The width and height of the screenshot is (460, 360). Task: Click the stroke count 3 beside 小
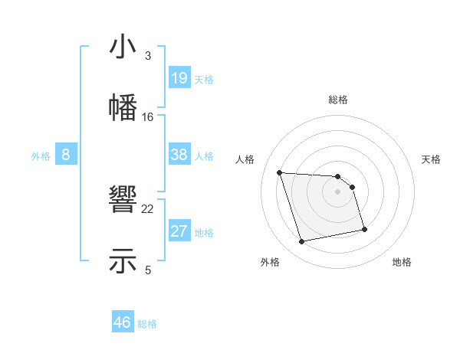[x=148, y=56]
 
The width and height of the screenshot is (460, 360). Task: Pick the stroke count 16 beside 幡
[x=148, y=116]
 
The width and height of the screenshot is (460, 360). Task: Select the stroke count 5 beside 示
[x=148, y=270]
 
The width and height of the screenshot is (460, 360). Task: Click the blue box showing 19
[x=179, y=78]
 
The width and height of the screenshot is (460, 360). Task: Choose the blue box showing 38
[x=179, y=155]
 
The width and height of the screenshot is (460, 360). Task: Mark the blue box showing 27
[x=179, y=231]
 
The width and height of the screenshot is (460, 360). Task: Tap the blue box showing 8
[x=65, y=155]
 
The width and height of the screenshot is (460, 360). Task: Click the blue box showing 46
[x=123, y=322]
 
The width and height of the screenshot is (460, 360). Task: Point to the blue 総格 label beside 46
[x=147, y=324]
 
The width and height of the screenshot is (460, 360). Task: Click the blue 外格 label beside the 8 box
[x=41, y=156]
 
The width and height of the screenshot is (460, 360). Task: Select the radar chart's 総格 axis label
[x=338, y=100]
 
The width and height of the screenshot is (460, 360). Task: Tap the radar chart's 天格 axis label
[x=432, y=159]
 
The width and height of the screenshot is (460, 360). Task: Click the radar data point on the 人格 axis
[x=280, y=172]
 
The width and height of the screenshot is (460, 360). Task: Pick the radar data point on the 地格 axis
[x=364, y=229]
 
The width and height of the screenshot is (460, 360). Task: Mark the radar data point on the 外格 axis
[x=302, y=242]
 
